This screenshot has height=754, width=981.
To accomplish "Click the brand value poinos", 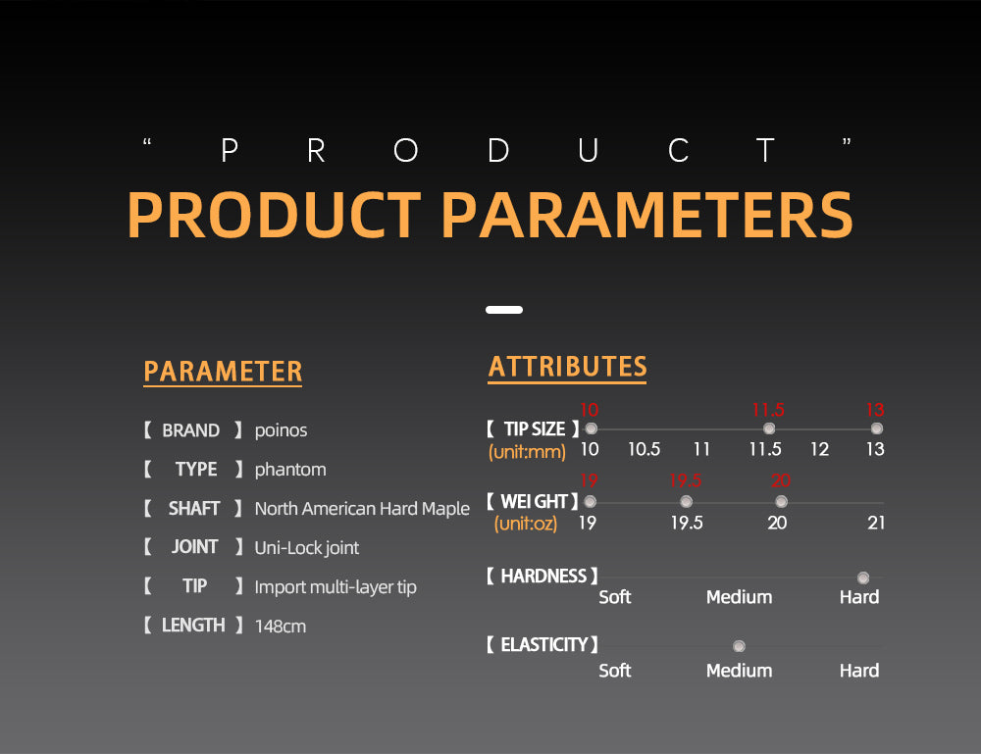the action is click(281, 430).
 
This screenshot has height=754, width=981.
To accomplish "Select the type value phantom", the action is click(290, 470).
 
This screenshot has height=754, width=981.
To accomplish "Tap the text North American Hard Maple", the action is click(362, 508).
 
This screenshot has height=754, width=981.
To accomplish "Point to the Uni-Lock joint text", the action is click(306, 548).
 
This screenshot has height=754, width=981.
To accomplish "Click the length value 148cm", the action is click(281, 626).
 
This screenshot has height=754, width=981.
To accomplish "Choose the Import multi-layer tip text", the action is click(336, 587).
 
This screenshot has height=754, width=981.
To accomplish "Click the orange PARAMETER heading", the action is click(223, 372).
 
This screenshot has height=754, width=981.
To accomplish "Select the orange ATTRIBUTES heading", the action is click(567, 367).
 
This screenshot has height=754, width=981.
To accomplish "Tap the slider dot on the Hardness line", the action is click(863, 578).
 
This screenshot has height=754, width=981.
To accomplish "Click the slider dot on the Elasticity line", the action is click(739, 646).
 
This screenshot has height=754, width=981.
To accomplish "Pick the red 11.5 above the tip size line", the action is click(768, 410).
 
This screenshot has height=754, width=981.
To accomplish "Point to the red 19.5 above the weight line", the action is click(685, 480).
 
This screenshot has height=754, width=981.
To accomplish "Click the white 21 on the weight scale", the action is click(876, 523).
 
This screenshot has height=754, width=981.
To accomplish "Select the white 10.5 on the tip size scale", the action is click(644, 449).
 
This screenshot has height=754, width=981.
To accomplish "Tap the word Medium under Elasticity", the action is click(739, 671).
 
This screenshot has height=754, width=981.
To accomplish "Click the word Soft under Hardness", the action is click(614, 597).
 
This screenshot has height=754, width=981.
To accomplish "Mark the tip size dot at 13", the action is click(876, 428).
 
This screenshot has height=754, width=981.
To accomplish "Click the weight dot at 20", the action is click(781, 501).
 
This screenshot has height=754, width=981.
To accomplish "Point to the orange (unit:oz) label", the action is click(526, 524).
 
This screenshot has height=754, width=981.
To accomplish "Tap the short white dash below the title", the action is click(504, 310).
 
